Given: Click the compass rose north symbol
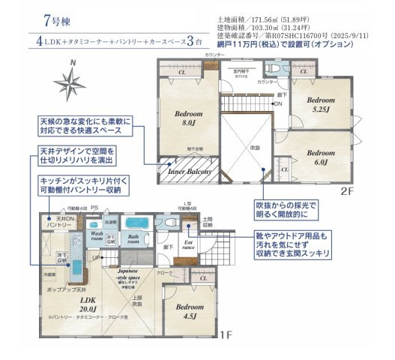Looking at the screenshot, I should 72,80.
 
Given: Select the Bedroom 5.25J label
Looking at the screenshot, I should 320,104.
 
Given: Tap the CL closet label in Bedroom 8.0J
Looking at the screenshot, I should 181,73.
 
